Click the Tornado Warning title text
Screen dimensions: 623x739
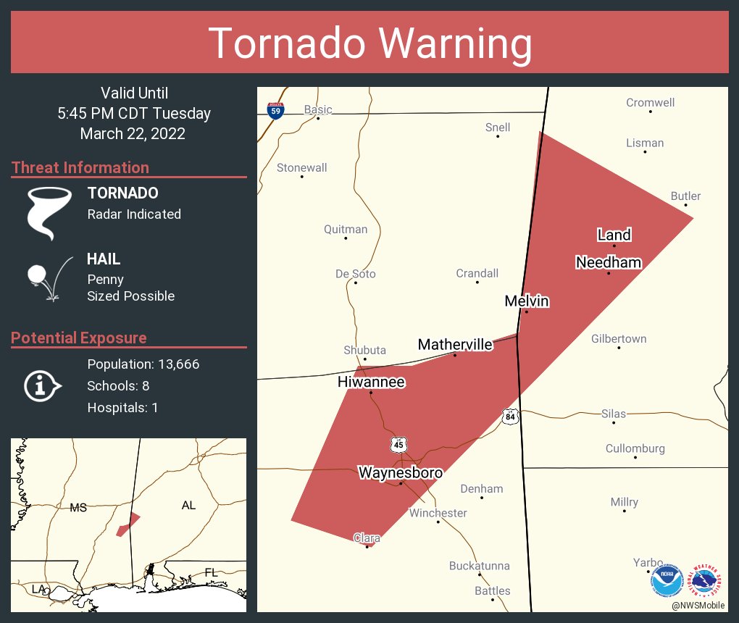[369, 43]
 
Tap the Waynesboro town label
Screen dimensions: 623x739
[400, 473]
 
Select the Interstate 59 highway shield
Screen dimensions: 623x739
[275, 110]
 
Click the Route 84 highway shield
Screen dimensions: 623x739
[511, 417]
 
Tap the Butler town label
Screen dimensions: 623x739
[685, 196]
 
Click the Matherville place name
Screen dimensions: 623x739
[455, 344]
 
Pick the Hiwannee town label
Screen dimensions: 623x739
[371, 382]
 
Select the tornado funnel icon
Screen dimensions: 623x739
[49, 212]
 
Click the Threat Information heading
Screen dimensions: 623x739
[80, 168]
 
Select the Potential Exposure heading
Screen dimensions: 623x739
[79, 338]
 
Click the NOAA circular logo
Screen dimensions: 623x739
[667, 580]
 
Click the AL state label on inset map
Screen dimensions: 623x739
[188, 505]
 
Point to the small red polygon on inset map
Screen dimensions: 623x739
[128, 525]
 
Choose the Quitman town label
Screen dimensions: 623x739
[346, 230]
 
